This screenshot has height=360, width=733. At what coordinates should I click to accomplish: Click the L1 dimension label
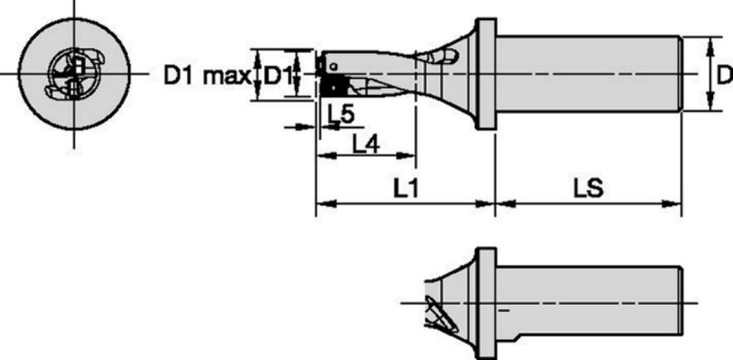coord(405,189)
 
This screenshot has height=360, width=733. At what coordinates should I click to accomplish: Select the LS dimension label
coord(588,189)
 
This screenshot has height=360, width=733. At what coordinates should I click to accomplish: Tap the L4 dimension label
coord(365,147)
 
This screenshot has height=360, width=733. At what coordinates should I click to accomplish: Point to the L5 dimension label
coord(341,114)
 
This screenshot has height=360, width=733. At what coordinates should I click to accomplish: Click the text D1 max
coord(207,75)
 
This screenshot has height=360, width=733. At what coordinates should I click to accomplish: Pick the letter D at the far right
coord(725,75)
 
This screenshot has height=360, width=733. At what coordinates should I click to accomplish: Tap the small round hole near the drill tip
coord(334,67)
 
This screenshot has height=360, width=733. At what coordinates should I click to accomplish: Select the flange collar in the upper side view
coord(486,74)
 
